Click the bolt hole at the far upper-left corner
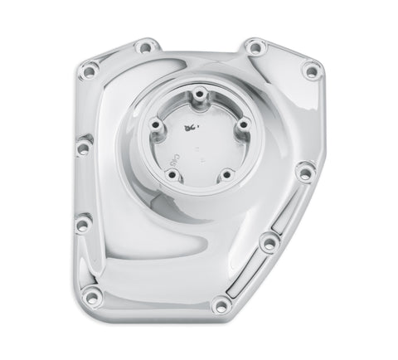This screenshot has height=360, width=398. click(x=86, y=73)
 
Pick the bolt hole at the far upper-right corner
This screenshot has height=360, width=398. click(x=310, y=72)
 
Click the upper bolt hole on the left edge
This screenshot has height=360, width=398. click(x=83, y=148)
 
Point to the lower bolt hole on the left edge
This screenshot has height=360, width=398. click(x=83, y=222)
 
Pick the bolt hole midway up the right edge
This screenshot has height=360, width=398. click(x=308, y=173)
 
